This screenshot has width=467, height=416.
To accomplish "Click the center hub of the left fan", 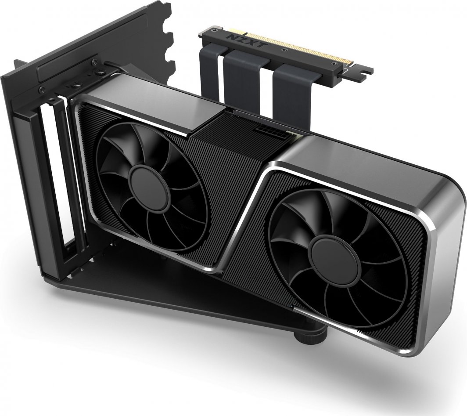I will pos(145,180).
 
